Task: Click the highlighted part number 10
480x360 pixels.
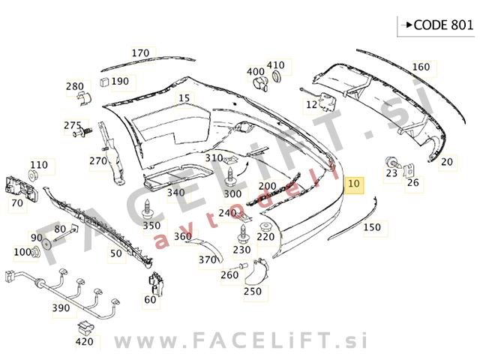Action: click(354, 184)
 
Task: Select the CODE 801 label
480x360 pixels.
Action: click(443, 25)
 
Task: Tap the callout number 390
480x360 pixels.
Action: click(61, 308)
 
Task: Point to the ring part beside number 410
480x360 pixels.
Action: click(277, 76)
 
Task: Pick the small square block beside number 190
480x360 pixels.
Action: click(105, 82)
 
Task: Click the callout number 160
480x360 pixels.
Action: click(421, 67)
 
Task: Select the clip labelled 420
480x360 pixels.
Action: click(85, 327)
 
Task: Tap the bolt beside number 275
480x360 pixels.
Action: click(82, 132)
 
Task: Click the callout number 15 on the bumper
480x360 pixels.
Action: click(184, 98)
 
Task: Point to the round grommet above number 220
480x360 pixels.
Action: click(266, 227)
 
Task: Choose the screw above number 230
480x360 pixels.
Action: click(242, 234)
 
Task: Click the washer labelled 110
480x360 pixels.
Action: click(33, 175)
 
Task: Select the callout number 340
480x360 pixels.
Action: click(175, 193)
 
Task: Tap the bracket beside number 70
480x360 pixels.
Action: click(21, 188)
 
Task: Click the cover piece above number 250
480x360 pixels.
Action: click(256, 271)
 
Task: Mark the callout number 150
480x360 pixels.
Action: click(372, 227)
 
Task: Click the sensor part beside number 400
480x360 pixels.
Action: click(260, 83)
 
